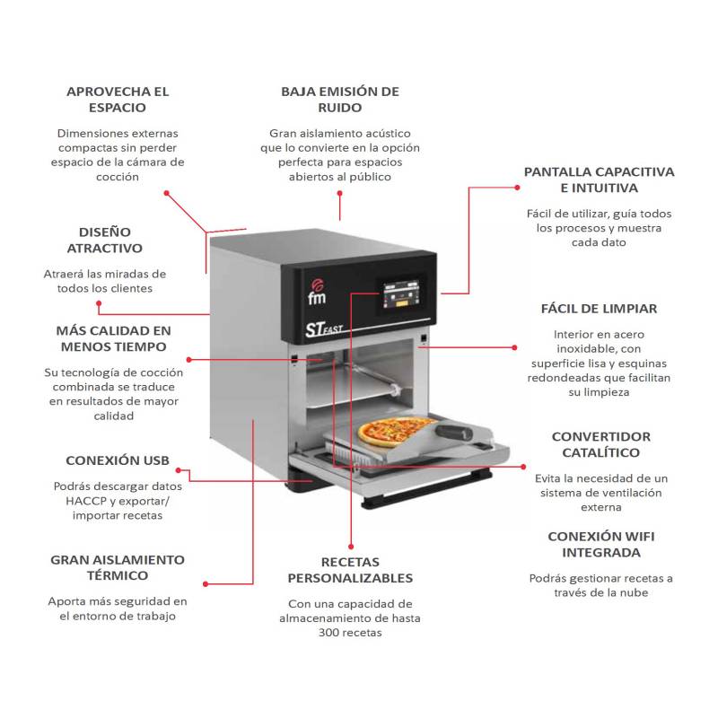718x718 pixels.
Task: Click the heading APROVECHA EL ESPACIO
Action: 118,100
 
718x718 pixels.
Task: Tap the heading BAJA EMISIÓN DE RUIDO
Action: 339,100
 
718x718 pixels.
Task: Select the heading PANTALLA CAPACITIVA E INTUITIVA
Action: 599,179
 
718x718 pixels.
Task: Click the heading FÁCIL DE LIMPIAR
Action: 599,309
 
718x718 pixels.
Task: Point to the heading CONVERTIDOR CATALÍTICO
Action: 600,444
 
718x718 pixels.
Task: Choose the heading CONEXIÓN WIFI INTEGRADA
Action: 600,545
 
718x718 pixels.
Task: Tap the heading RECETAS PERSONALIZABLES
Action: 350,570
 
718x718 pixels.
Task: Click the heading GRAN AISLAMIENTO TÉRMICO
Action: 118,567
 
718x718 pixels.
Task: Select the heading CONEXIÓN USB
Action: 118,460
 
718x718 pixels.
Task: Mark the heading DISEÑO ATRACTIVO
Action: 104,240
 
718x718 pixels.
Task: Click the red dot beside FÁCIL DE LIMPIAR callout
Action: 515,347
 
